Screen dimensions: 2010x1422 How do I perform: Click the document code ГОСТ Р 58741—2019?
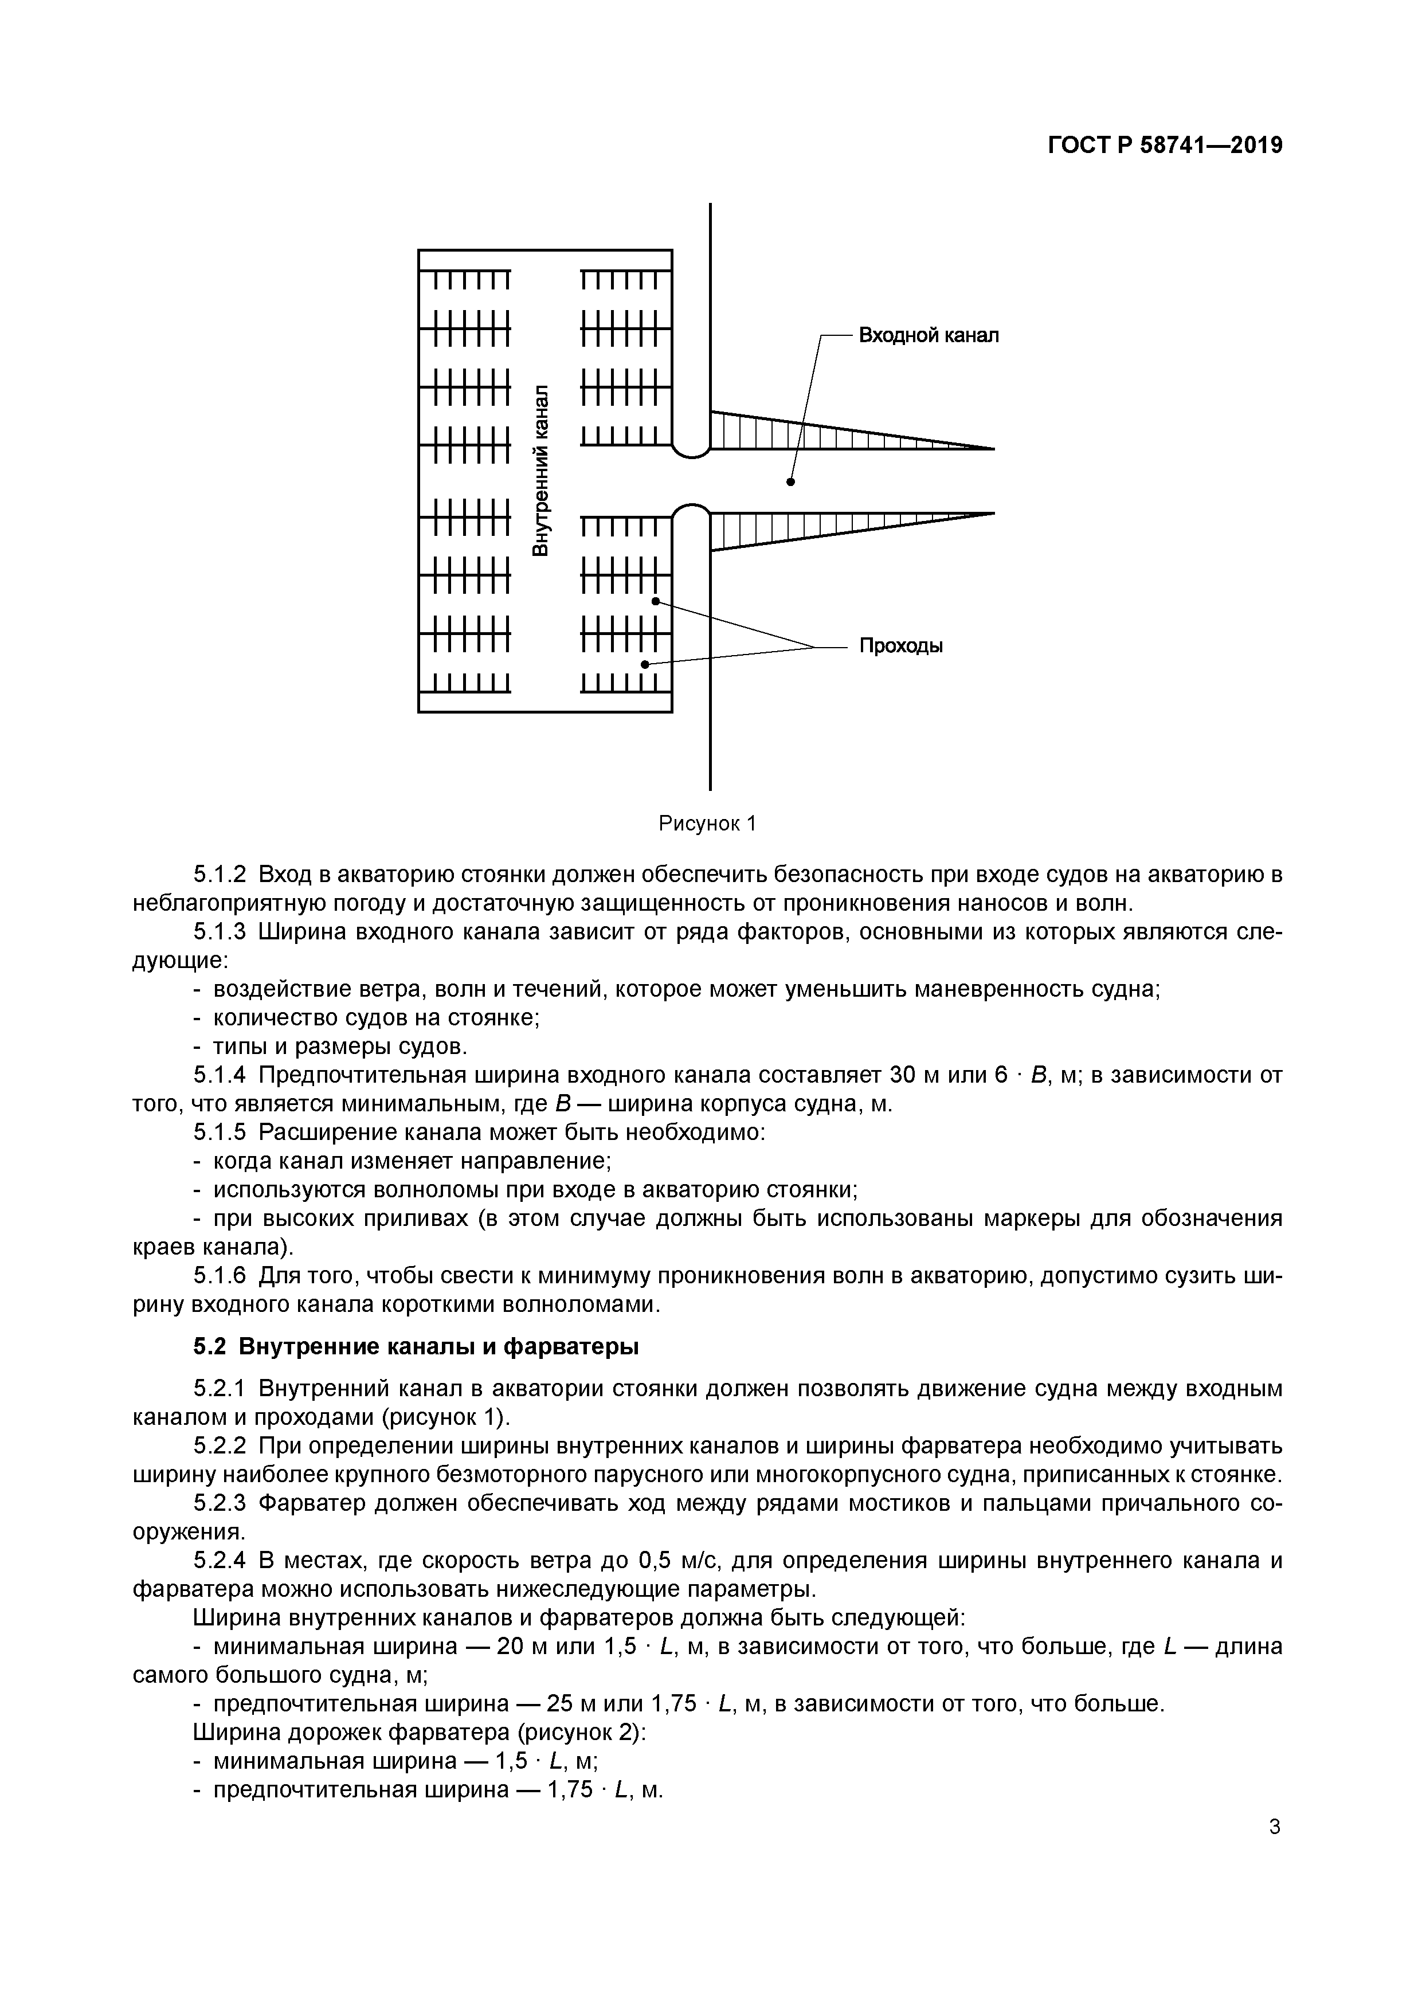pos(1165,146)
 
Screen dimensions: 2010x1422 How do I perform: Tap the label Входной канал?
pos(927,335)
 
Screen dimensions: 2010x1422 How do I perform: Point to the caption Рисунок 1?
pos(707,824)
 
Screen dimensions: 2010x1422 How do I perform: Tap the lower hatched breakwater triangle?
pos(788,529)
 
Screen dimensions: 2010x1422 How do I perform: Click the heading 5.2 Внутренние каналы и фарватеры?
pos(416,1346)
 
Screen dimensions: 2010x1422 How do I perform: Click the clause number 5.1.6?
pos(220,1276)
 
